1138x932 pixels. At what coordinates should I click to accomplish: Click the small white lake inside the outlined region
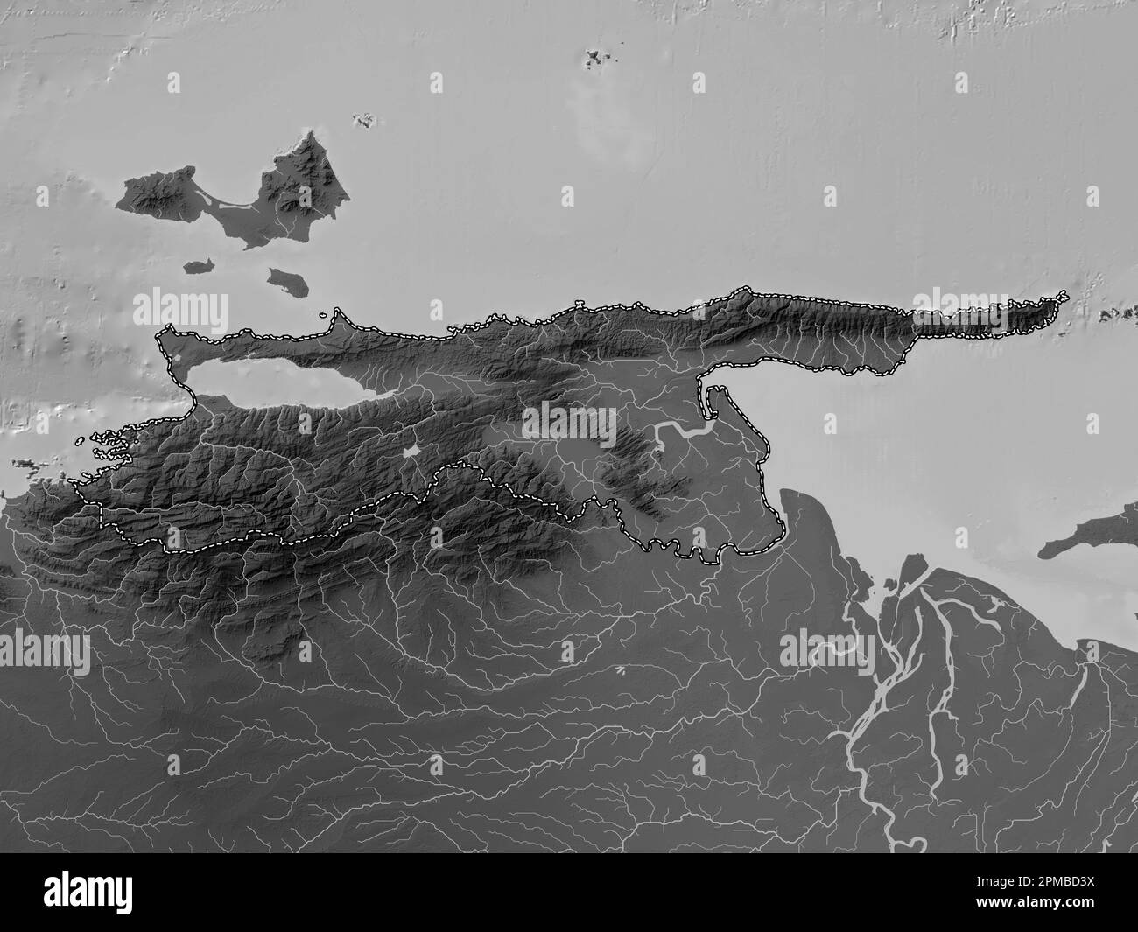[x=409, y=451]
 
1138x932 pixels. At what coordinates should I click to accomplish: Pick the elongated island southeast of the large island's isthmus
[x=285, y=280]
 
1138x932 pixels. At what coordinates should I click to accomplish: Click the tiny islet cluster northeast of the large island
[x=362, y=121]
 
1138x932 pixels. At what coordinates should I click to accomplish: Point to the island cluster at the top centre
[x=598, y=59]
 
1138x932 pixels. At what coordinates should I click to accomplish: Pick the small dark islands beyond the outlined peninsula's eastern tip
[x=1116, y=311]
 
